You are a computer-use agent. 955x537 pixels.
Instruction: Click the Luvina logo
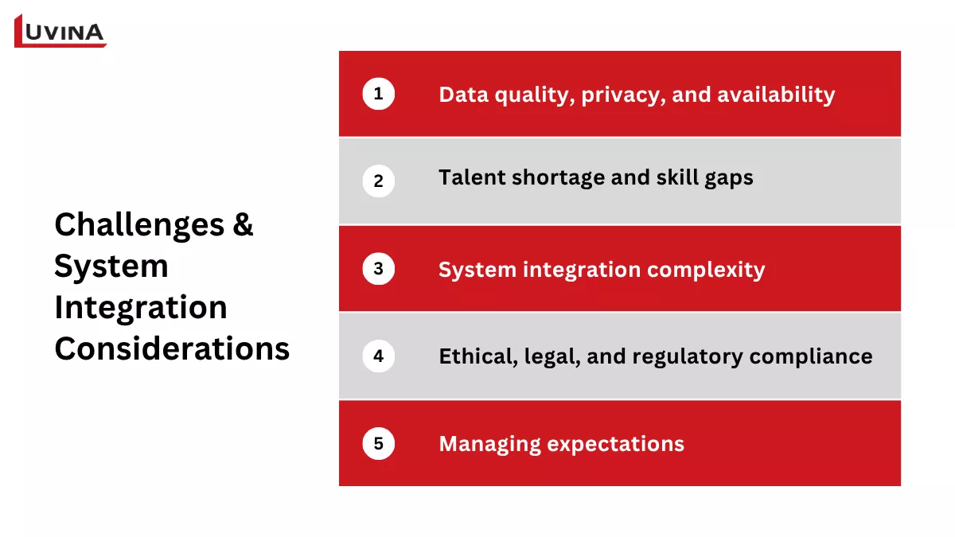[x=60, y=31]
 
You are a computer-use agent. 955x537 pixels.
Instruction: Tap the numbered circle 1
[x=378, y=94]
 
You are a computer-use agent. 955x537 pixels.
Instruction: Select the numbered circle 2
[x=378, y=181]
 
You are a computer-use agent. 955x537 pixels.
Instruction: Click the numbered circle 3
[x=378, y=269]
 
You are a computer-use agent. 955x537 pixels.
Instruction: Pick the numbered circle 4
[x=378, y=356]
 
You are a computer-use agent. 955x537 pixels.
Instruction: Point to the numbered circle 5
[x=378, y=443]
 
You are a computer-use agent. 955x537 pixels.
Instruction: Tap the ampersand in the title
[x=243, y=225]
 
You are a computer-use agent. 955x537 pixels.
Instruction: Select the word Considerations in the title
[x=172, y=349]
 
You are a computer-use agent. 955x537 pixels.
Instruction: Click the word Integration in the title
[x=141, y=308]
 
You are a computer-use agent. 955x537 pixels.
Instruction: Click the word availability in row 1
[x=776, y=95]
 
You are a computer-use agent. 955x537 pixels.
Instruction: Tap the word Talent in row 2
[x=470, y=177]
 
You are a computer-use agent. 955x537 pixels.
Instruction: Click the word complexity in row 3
[x=706, y=270]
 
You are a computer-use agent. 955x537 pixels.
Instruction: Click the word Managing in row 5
[x=489, y=444]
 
